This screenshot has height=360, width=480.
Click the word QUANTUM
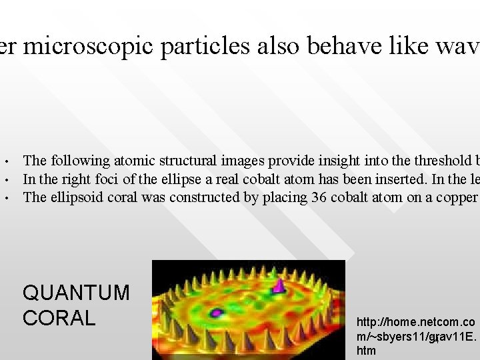[76, 293]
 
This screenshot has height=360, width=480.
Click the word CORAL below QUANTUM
[59, 318]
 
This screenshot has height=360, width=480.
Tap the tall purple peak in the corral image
[279, 285]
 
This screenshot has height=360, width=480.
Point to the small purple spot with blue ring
[217, 311]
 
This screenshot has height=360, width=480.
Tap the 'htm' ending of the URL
[367, 351]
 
